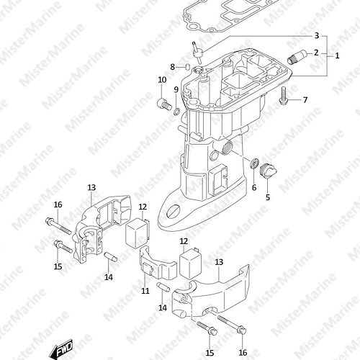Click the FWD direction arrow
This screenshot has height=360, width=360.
click(60, 348)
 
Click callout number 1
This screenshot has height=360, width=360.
click(337, 56)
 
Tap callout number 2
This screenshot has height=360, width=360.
click(316, 53)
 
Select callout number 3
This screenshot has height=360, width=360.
click(317, 36)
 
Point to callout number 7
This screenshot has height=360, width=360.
click(305, 99)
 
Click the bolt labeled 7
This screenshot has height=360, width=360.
click(284, 96)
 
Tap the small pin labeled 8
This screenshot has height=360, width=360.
click(188, 66)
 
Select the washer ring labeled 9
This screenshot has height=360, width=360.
click(176, 112)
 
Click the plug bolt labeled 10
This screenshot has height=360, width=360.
click(164, 104)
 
